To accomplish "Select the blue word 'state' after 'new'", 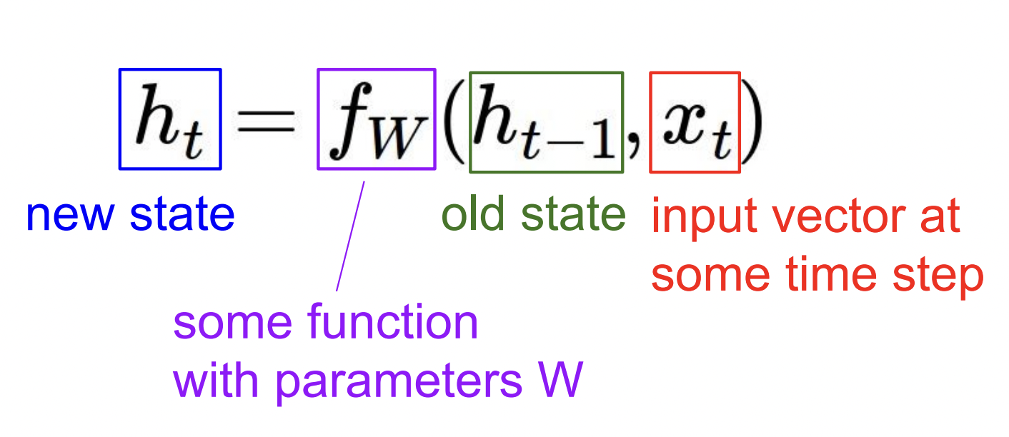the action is tap(182, 214).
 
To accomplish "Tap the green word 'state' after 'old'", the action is tap(573, 214).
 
